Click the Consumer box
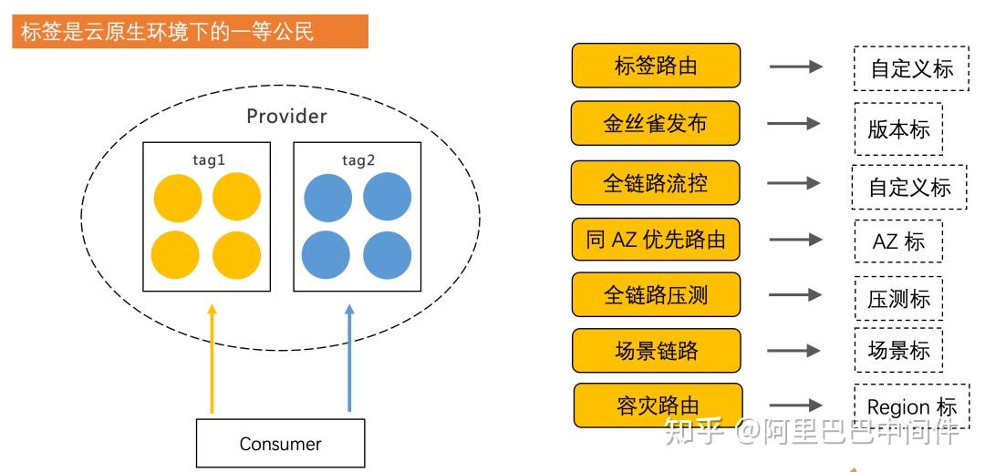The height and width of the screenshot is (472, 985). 280,444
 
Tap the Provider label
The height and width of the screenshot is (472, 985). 286,117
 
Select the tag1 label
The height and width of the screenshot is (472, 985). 208,160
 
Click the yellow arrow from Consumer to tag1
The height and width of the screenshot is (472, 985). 213,360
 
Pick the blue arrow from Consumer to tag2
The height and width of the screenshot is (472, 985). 349,360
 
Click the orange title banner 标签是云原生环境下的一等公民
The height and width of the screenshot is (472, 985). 190,32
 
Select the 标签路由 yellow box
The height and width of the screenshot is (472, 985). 656,67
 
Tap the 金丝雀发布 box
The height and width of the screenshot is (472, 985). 655,123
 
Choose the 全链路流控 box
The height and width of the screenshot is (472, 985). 655,183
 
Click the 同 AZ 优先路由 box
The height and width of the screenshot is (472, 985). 656,240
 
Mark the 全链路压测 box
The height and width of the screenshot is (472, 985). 656,294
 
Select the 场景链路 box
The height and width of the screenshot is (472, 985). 657,350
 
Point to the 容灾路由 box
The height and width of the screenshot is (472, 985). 657,405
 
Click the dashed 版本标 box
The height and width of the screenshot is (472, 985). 898,128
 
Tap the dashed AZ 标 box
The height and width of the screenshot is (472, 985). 898,241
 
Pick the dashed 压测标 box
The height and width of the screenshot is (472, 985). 898,298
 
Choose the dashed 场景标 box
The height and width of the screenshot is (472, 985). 898,350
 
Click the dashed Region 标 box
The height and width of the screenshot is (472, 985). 911,406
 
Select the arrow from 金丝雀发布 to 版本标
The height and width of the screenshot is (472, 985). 794,123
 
